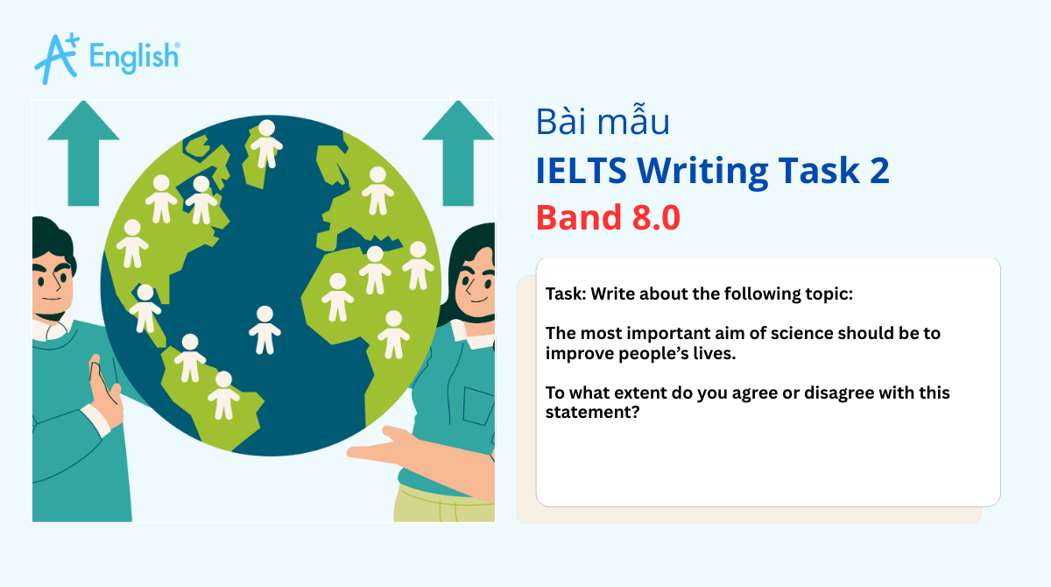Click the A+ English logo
[x=107, y=58]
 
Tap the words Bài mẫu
[x=603, y=123]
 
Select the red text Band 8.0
[x=608, y=217]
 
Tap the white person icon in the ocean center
[x=265, y=329]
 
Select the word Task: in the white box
[x=565, y=293]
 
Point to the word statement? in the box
[x=591, y=413]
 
